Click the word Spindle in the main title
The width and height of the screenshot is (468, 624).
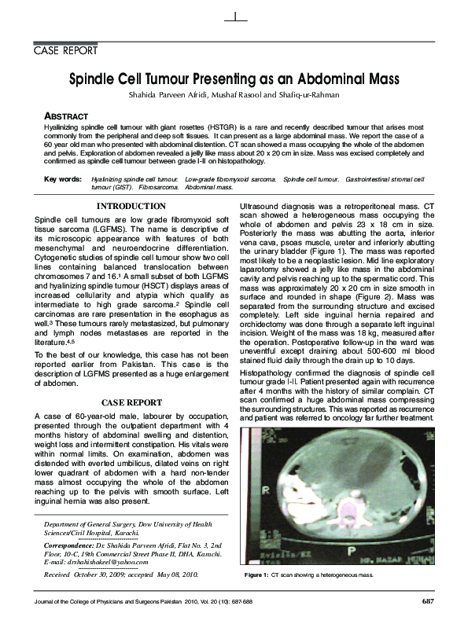coord(94,80)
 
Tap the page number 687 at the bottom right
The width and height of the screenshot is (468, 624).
coord(428,601)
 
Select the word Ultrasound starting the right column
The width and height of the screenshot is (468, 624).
coord(260,206)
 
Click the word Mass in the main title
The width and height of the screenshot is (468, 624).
coord(381,80)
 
